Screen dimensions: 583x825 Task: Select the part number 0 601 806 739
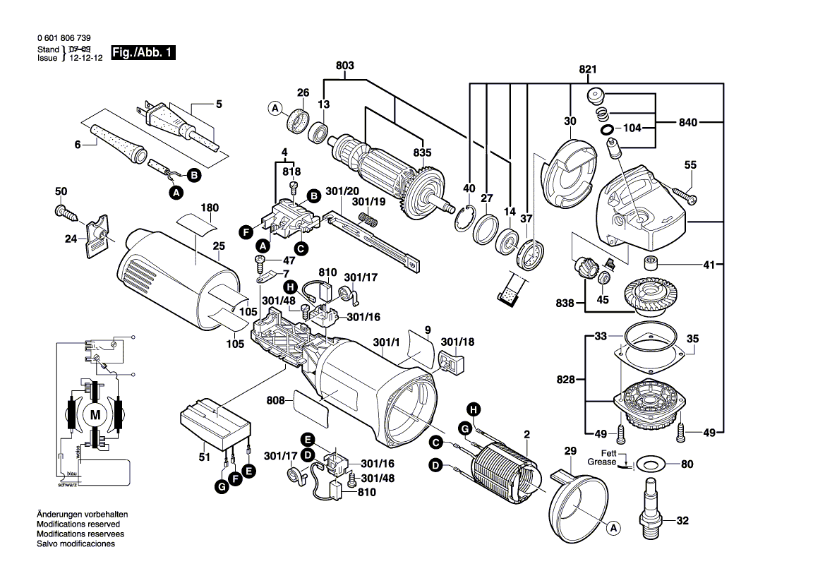(x=63, y=38)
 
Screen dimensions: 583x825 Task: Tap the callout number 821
(x=588, y=69)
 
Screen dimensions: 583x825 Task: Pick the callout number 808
(x=276, y=401)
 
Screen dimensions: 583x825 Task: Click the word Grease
(x=602, y=462)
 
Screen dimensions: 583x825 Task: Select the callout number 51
(x=205, y=457)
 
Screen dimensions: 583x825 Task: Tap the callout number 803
(x=345, y=66)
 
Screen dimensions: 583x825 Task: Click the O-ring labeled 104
(x=606, y=130)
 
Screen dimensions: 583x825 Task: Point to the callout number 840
(x=688, y=123)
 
